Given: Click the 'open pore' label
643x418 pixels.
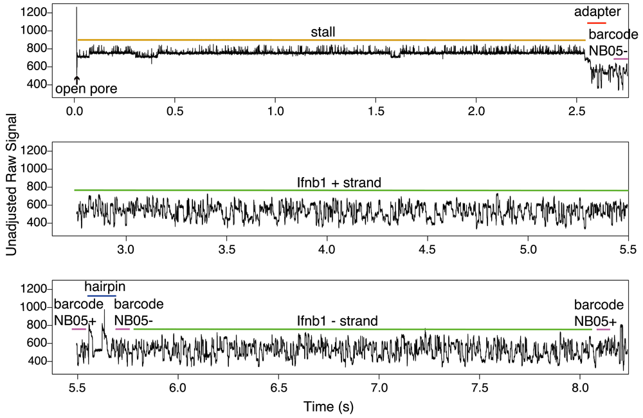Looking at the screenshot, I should [87, 90].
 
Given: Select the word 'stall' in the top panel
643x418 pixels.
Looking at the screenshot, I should [323, 32].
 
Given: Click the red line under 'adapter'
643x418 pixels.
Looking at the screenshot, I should [596, 23].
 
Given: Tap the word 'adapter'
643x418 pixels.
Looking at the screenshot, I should [597, 12].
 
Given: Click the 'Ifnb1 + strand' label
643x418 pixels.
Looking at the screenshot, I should [335, 183].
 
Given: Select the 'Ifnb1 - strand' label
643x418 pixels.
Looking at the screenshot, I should [337, 321].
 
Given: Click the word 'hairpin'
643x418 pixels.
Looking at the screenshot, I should [106, 287].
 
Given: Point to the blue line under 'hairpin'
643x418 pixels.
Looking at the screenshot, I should [102, 296].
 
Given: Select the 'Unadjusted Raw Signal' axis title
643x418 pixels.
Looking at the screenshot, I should [12, 192].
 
